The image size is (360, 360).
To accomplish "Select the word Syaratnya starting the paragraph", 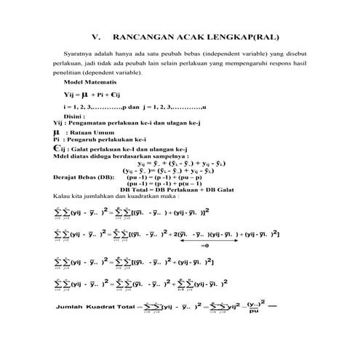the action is [72, 54].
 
